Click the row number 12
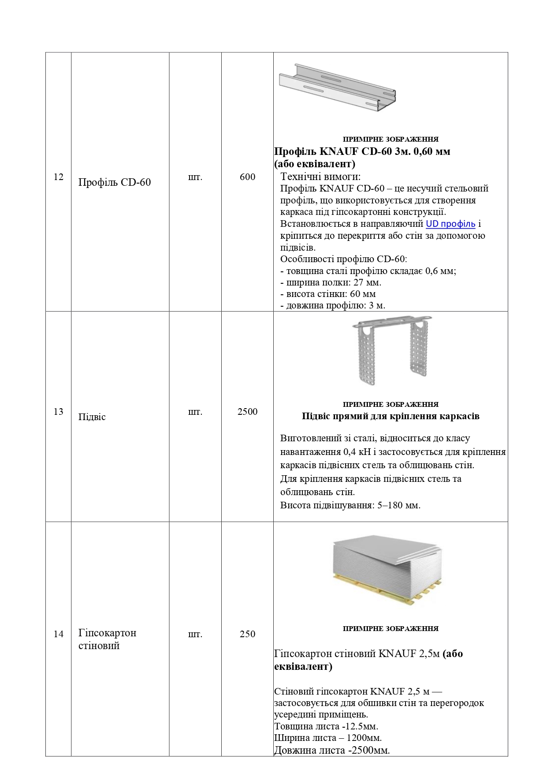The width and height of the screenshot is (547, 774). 59,177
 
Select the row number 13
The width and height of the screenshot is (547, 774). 59,412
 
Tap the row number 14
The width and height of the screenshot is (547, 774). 59,634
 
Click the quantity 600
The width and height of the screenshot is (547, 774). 247,177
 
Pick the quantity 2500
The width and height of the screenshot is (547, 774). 247,412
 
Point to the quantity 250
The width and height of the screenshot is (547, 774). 247,634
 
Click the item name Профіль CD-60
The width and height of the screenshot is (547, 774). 115,182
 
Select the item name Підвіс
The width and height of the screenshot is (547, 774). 92,417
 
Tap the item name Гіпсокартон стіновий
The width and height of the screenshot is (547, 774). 107,639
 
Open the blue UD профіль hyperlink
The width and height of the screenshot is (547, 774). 450,224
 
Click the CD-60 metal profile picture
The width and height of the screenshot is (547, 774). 337,87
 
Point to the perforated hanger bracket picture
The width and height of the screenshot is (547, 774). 391,349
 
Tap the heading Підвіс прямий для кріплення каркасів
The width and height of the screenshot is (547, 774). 391,416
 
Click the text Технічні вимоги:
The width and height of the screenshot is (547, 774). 320,177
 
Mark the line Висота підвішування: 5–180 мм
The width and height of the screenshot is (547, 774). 350,505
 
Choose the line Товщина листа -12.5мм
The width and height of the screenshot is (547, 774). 326,726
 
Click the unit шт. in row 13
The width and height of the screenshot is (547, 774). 195,412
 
